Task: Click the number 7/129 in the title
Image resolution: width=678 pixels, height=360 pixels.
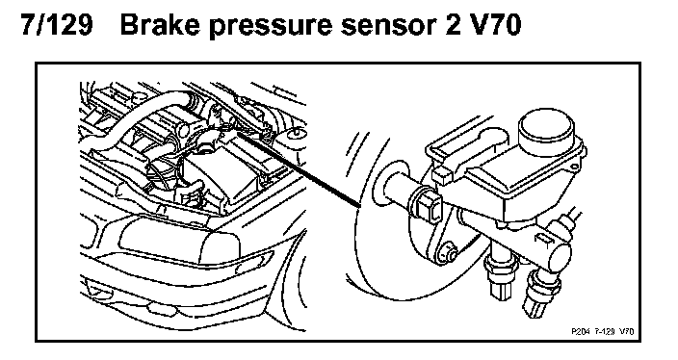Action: coord(57,25)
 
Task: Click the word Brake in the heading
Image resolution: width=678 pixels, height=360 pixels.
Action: coord(160,25)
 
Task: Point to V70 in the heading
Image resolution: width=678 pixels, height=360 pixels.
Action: coord(494,25)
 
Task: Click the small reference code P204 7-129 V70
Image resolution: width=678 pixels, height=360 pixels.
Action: coord(602,331)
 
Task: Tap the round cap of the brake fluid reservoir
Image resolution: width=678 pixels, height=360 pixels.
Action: coord(547,127)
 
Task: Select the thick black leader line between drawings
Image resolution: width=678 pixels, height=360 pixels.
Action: coord(299,169)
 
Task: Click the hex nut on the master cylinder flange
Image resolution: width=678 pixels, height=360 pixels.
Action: coord(427,205)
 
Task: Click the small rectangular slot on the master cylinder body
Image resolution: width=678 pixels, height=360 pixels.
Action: coord(541,239)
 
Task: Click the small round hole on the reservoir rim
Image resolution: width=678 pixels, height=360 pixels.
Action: coord(574,167)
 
